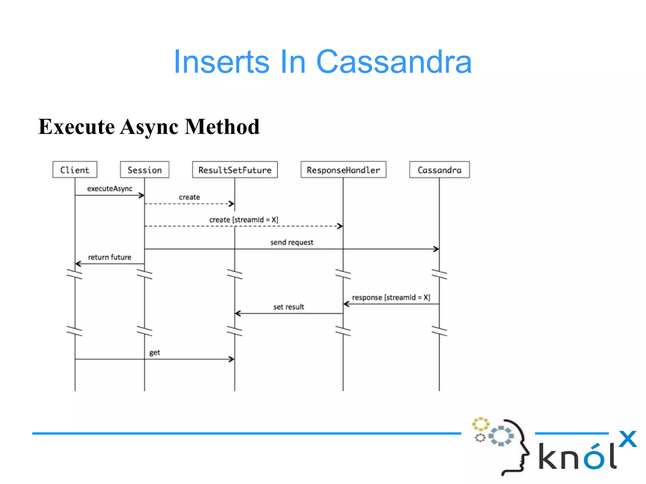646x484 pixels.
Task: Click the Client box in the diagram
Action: [x=75, y=170]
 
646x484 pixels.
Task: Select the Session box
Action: [x=144, y=170]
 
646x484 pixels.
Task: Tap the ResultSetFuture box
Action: [x=235, y=170]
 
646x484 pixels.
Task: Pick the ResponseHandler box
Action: [x=343, y=170]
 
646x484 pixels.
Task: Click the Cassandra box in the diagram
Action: [x=439, y=170]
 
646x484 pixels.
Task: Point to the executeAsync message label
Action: [x=109, y=189]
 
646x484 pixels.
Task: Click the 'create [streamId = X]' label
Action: [x=244, y=220]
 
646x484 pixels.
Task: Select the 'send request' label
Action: [x=292, y=242]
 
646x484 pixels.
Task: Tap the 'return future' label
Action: [x=109, y=257]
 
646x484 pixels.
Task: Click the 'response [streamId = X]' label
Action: [x=391, y=297]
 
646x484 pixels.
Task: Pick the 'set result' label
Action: [x=288, y=307]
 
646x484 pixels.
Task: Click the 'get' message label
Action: [x=155, y=352]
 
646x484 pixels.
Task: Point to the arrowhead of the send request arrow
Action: [x=437, y=249]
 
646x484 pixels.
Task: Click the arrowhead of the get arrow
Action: [x=232, y=359]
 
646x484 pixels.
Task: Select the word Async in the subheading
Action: [x=149, y=127]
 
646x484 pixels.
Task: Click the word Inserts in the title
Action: [x=221, y=62]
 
